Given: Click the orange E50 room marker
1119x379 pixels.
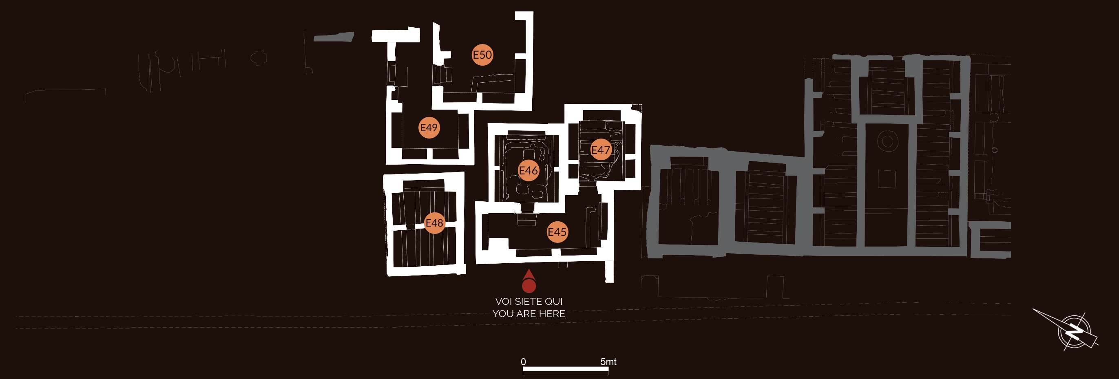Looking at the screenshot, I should pos(482,55).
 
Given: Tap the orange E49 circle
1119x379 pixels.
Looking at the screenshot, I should pos(429,128).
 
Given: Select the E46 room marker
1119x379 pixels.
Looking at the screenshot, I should pos(528,171).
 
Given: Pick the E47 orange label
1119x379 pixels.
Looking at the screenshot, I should pos(601,150).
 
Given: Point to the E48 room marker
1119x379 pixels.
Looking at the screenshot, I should pos(434,223).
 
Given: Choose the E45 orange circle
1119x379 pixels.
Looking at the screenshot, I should pos(557,232).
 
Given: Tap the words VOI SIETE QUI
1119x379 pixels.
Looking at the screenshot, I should pos(529,301).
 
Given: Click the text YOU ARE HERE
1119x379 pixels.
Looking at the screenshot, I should pos(529,313).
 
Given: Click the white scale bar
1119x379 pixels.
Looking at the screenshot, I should pos(565,370).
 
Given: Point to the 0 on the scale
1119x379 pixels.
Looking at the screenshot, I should pos(524,361).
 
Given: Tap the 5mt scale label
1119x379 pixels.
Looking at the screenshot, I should pos(608,361).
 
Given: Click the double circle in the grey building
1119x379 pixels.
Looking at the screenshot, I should pos(887,141).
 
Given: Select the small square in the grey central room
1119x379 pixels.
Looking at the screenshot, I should pos(886,179).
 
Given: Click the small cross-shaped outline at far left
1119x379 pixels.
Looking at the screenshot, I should pos(259,58).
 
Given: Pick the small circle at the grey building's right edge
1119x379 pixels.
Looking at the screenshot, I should pos(994,150).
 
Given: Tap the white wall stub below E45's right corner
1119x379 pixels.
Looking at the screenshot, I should pos(609,271).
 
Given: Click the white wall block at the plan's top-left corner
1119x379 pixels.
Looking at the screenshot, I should pos(395,35).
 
